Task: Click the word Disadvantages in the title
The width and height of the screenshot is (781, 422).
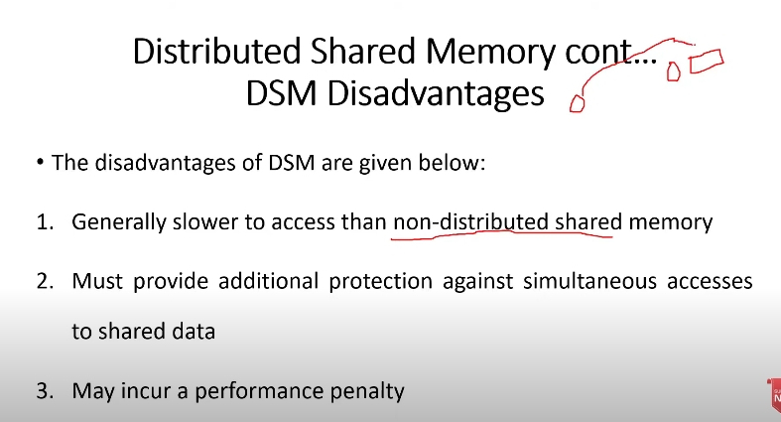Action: pos(436,93)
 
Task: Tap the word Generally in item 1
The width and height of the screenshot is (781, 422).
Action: pos(119,222)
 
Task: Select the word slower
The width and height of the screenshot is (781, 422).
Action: pos(205,221)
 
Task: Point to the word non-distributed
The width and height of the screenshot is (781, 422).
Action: pos(470,221)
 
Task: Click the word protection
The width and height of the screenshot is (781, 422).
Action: pos(380,282)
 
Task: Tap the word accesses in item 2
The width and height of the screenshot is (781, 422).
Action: pos(710,282)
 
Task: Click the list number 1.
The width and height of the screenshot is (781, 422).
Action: pos(45,222)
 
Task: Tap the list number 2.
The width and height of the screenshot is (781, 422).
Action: pos(45,282)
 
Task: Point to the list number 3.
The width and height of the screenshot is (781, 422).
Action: pos(45,391)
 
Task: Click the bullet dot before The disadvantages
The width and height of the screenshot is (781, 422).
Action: pos(41,162)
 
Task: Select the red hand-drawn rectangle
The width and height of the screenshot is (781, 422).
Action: pos(707,61)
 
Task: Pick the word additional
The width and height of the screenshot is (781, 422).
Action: pos(269,282)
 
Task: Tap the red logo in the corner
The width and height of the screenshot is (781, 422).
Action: pos(774,395)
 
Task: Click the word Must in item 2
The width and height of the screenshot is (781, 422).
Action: pos(97,282)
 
